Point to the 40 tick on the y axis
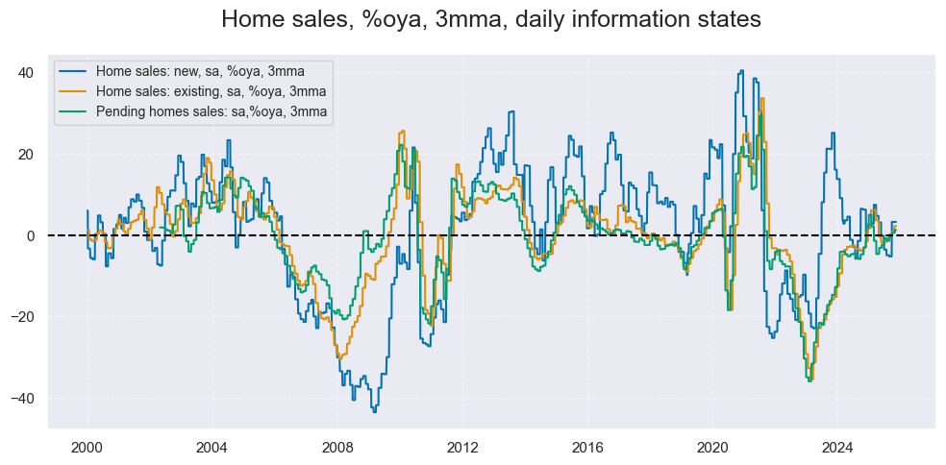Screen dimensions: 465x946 (26, 73)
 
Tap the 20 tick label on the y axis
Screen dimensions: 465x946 (26, 155)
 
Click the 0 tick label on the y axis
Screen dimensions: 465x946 (31, 235)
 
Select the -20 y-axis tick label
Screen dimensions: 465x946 (23, 317)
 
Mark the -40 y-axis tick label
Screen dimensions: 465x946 (23, 398)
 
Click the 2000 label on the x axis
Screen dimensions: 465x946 (87, 447)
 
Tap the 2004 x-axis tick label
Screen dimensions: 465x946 (212, 447)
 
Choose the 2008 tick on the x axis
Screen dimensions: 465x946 (337, 447)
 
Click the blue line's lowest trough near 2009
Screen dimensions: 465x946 (374, 410)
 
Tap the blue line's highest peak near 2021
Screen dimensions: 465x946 (741, 70)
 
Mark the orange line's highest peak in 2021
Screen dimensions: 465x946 (762, 98)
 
